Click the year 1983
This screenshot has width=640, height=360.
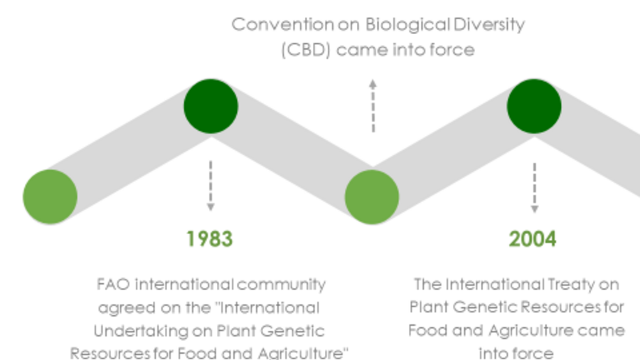[x=209, y=239]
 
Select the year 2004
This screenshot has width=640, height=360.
[x=533, y=239]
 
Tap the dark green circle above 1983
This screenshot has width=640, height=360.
[x=210, y=106]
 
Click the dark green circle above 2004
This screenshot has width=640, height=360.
[x=534, y=106]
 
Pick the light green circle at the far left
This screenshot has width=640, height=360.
[x=50, y=197]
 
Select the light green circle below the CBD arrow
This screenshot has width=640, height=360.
[x=372, y=197]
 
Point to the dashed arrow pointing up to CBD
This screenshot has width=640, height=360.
[x=373, y=106]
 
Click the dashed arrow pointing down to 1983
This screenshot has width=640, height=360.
[x=210, y=186]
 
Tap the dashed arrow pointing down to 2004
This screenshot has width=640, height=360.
[x=534, y=188]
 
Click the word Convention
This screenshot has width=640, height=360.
[x=282, y=24]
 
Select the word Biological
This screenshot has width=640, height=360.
[x=407, y=24]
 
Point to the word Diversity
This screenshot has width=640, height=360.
[x=489, y=25]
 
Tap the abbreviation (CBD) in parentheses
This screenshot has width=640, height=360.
[x=306, y=50]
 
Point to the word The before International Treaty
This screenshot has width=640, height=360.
[x=427, y=284]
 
